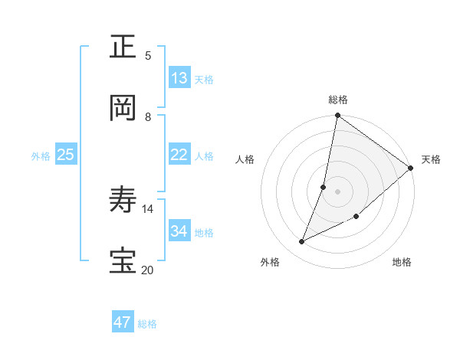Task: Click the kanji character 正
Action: [124, 47]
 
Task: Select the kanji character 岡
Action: [124, 108]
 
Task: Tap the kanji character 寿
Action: [124, 201]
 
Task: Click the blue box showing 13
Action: [179, 78]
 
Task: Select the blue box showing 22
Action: [179, 155]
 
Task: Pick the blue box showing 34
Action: [179, 231]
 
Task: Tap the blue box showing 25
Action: [66, 155]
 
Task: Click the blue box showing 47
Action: [123, 322]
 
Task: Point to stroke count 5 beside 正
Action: [148, 55]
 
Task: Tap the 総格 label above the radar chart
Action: [338, 100]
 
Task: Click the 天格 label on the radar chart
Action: [431, 159]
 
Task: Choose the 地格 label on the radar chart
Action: [402, 262]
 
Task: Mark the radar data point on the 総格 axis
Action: [338, 116]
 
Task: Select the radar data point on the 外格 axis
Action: [301, 242]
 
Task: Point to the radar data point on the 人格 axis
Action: [324, 187]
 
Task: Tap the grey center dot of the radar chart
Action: [338, 191]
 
